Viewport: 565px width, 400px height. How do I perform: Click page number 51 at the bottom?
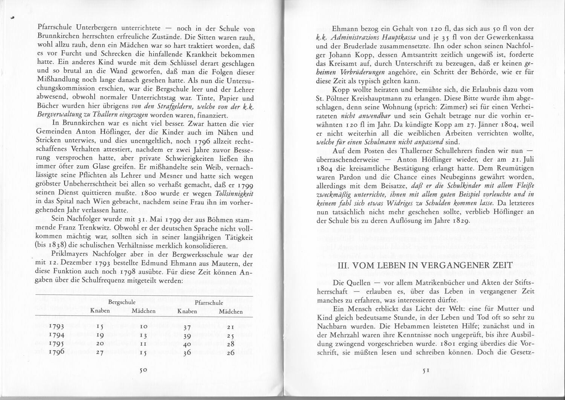[426, 370]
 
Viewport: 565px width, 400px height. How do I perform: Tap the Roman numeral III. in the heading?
[344, 266]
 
